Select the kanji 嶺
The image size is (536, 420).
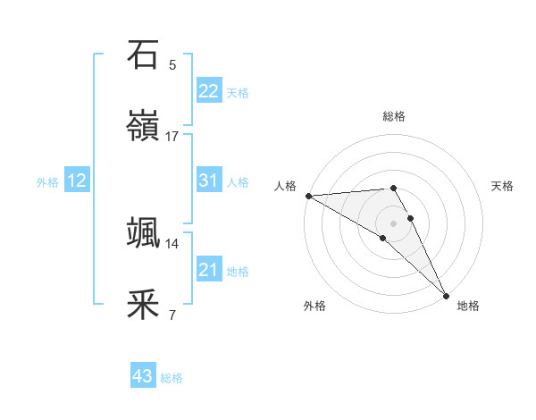tap(144, 127)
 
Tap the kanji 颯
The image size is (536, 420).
tap(144, 232)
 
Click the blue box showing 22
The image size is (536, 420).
tap(208, 91)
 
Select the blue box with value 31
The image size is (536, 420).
tap(208, 181)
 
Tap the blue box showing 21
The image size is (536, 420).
tap(208, 270)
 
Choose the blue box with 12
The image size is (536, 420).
tap(77, 181)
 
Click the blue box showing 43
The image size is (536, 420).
tap(143, 377)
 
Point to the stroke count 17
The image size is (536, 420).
tap(172, 137)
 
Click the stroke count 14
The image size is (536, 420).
tap(172, 243)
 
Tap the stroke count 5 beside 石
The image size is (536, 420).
tap(172, 64)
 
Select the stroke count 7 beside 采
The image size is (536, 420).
tap(172, 315)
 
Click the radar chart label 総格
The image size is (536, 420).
tap(394, 116)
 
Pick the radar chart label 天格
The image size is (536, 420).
tap(503, 186)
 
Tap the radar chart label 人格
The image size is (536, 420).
tap(285, 186)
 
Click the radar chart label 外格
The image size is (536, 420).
tap(314, 306)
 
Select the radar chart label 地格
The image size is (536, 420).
tap(468, 306)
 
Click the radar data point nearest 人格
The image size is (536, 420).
tap(308, 196)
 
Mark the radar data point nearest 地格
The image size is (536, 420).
tap(446, 295)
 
